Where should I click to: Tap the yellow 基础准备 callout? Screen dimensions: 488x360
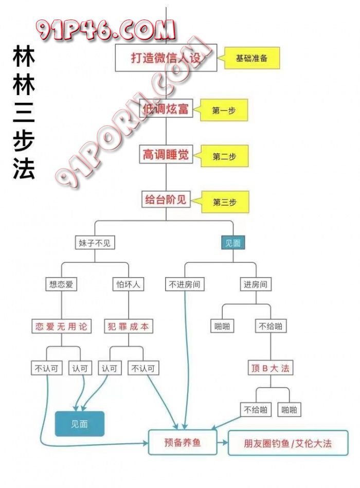pyautogui.click(x=252, y=58)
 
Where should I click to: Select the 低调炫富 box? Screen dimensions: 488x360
pyautogui.click(x=166, y=109)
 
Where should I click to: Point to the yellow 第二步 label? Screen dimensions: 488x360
pyautogui.click(x=225, y=156)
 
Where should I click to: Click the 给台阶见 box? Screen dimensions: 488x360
pyautogui.click(x=166, y=200)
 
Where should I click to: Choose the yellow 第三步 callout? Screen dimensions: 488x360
pyautogui.click(x=225, y=202)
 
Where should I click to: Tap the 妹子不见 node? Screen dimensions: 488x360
pyautogui.click(x=94, y=243)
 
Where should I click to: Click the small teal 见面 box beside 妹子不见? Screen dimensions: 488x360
pyautogui.click(x=233, y=243)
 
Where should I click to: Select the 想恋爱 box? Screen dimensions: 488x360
pyautogui.click(x=61, y=284)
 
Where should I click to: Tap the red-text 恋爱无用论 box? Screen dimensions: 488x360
pyautogui.click(x=61, y=326)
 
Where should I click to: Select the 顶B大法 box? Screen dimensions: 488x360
pyautogui.click(x=270, y=368)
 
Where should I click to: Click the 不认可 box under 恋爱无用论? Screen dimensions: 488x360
pyautogui.click(x=46, y=368)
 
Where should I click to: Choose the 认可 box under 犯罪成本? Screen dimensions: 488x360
pyautogui.click(x=110, y=368)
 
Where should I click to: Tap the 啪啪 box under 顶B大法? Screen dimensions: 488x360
pyautogui.click(x=289, y=410)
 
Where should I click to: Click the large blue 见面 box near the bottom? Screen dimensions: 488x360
pyautogui.click(x=80, y=424)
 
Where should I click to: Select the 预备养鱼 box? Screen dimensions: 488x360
pyautogui.click(x=182, y=442)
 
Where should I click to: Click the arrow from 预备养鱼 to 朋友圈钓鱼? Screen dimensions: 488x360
pyautogui.click(x=222, y=442)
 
